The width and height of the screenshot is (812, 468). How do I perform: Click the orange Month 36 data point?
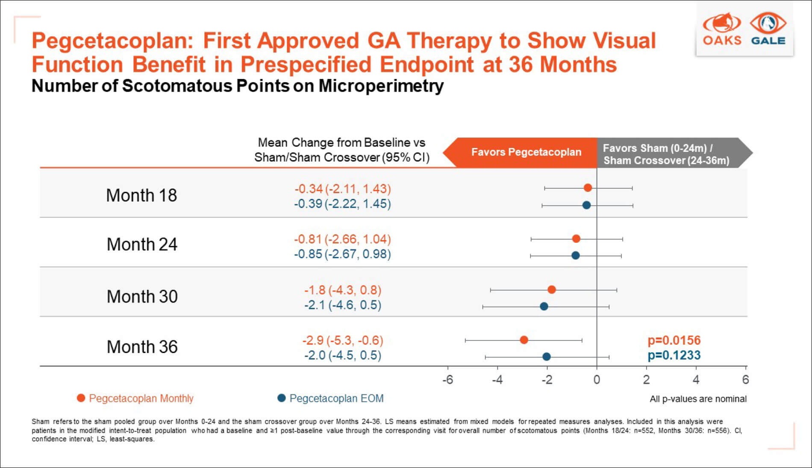524,340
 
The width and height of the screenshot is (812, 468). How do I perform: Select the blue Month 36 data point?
546,356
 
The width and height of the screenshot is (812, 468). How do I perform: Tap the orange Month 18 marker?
588,188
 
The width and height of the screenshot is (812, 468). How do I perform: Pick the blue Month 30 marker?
544,306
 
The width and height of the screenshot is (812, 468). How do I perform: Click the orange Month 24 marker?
576,239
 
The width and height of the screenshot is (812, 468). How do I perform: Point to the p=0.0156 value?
674,341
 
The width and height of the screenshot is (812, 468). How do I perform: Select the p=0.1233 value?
674,355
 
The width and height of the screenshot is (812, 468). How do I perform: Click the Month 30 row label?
142,297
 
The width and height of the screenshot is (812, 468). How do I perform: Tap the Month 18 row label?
141,195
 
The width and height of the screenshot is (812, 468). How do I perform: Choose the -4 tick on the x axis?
497,380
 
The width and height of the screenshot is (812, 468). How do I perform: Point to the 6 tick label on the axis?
745,380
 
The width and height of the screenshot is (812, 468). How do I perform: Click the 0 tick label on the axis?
597,380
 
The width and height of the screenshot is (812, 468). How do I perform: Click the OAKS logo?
722,29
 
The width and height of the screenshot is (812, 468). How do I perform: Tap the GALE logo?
768,29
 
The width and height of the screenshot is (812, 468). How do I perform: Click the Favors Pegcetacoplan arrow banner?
521,152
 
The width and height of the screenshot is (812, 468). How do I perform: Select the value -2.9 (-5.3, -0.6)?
343,341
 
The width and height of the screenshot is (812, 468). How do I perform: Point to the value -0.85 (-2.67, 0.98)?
342,254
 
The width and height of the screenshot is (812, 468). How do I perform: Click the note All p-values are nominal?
698,399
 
